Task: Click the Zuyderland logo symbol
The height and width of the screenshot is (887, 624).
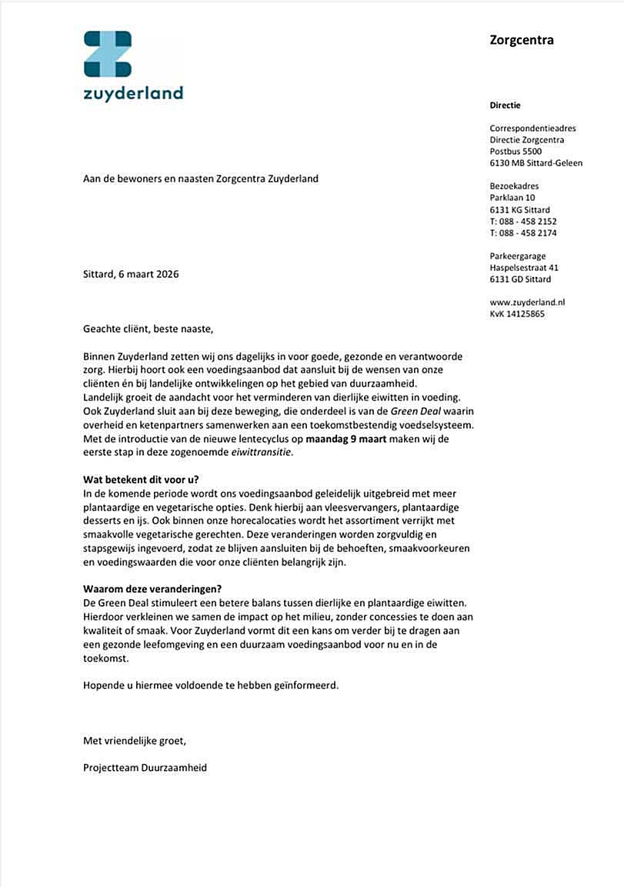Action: pos(108,54)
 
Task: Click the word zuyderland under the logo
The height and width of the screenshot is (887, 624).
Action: pos(133,94)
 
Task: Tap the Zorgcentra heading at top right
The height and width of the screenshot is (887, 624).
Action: pos(522,40)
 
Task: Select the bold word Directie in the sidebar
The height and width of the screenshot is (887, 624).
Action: pos(506,105)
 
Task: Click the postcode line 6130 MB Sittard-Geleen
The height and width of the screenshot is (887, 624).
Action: pos(536,163)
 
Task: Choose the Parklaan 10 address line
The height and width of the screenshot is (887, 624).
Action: pos(512,198)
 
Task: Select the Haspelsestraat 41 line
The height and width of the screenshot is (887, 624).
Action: pos(524,268)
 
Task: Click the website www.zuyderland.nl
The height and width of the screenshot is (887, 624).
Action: pos(527,303)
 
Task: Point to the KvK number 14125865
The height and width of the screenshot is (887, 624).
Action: pos(517,314)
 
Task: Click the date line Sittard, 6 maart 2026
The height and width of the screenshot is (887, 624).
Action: pos(131,274)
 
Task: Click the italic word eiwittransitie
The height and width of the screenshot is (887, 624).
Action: pos(262,452)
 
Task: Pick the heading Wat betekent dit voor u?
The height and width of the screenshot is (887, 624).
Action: pos(141,479)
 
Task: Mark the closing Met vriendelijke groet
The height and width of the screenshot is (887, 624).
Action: pos(134,741)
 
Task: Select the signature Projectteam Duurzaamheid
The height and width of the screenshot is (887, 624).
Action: pos(145,768)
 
